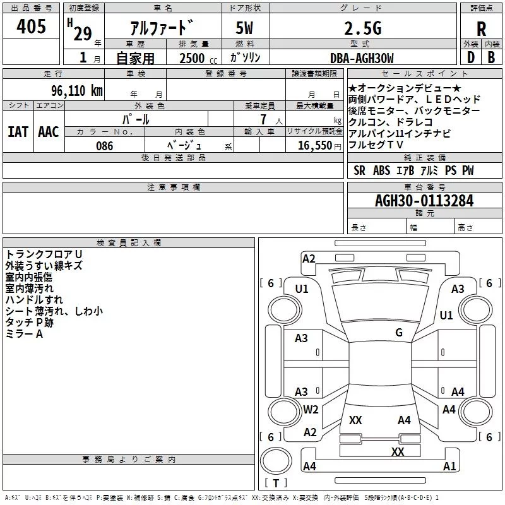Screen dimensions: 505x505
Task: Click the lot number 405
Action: click(31, 27)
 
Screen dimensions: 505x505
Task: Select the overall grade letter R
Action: click(481, 29)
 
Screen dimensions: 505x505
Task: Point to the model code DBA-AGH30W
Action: click(362, 59)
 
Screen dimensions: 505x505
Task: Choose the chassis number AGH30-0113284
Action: click(424, 201)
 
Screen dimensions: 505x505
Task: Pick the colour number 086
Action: click(104, 146)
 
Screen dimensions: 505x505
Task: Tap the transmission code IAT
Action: click(18, 132)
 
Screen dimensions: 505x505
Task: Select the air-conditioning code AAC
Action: click(49, 132)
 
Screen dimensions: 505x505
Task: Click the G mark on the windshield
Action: click(398, 333)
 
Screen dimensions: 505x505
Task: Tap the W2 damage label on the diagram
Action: click(311, 410)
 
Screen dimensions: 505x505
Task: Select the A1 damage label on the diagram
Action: click(449, 466)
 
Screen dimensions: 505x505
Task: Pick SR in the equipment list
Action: click(359, 170)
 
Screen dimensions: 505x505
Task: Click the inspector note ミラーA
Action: click(24, 334)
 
